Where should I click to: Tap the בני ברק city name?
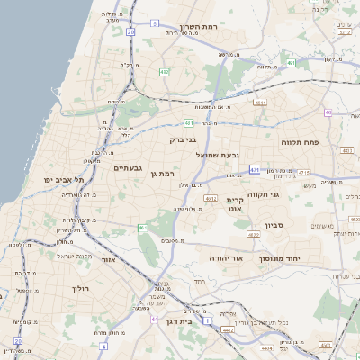click(x=183, y=139)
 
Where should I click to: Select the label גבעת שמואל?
click(x=218, y=155)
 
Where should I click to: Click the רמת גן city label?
click(x=160, y=173)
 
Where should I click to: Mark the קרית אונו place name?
click(x=236, y=204)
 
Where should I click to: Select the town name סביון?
click(x=274, y=226)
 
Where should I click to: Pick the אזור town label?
click(x=109, y=259)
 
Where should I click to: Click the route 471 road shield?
click(x=255, y=169)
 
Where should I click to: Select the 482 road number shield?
click(x=164, y=71)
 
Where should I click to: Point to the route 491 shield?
click(x=292, y=63)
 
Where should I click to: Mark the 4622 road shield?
click(x=253, y=234)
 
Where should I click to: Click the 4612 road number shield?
click(x=211, y=197)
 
